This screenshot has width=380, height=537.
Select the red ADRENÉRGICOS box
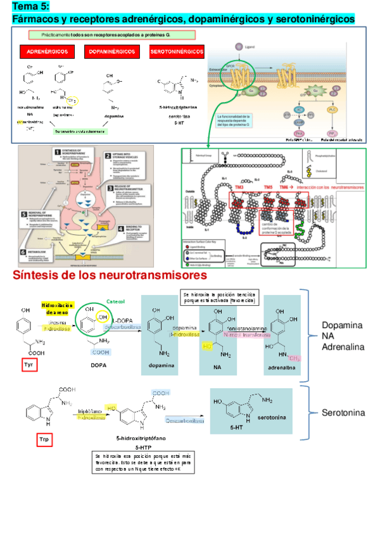[x=47, y=51]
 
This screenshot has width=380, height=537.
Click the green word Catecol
[x=115, y=301]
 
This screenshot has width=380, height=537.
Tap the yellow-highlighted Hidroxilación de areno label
[x=58, y=309]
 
